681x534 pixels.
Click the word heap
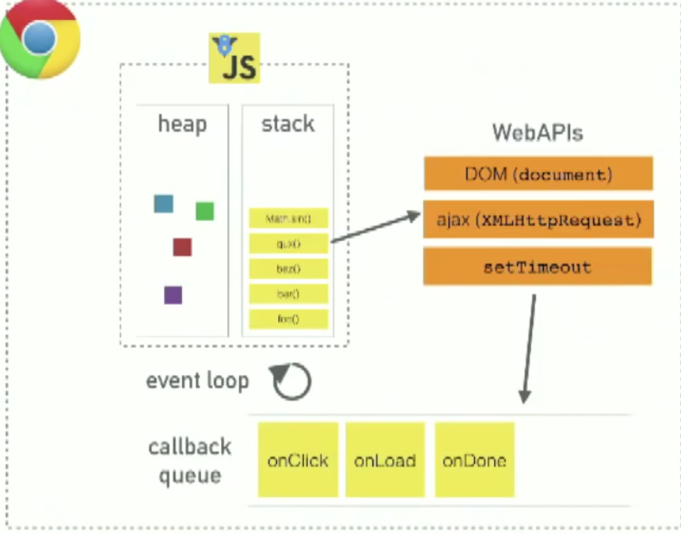click(182, 124)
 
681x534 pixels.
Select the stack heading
click(288, 124)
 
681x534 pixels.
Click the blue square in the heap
click(163, 204)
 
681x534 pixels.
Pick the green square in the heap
click(204, 211)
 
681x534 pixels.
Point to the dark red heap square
click(182, 247)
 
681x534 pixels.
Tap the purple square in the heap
click(172, 295)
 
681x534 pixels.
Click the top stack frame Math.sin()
click(288, 219)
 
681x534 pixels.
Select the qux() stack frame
click(288, 243)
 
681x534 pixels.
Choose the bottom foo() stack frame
click(288, 319)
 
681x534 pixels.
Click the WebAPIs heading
click(537, 132)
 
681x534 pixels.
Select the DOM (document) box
click(538, 174)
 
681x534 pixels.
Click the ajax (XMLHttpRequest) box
click(538, 219)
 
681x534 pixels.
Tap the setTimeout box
click(538, 267)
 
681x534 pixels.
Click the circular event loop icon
click(291, 382)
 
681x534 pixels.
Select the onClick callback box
click(298, 460)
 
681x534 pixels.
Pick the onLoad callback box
click(385, 460)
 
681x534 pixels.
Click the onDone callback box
click(474, 460)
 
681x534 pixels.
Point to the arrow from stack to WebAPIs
click(376, 228)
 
